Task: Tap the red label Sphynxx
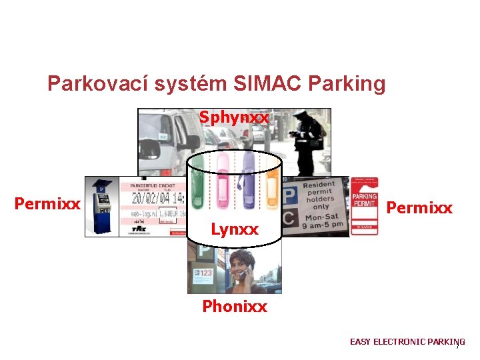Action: pyautogui.click(x=234, y=118)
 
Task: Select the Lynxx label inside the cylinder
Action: pyautogui.click(x=234, y=229)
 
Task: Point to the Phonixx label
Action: pyautogui.click(x=235, y=307)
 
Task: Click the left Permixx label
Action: pyautogui.click(x=47, y=203)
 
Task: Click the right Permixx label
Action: pyautogui.click(x=419, y=208)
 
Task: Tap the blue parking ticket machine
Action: pyautogui.click(x=101, y=207)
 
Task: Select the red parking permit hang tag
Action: pyautogui.click(x=364, y=206)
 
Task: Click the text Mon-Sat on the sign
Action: pyautogui.click(x=321, y=216)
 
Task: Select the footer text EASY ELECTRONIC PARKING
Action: pyautogui.click(x=407, y=342)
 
